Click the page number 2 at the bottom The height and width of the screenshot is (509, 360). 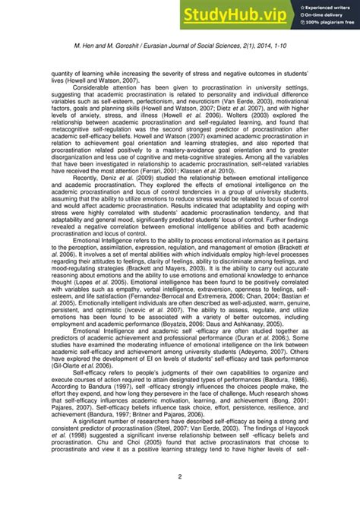click(x=180, y=476)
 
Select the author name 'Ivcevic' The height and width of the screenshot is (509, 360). click(x=156, y=305)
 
